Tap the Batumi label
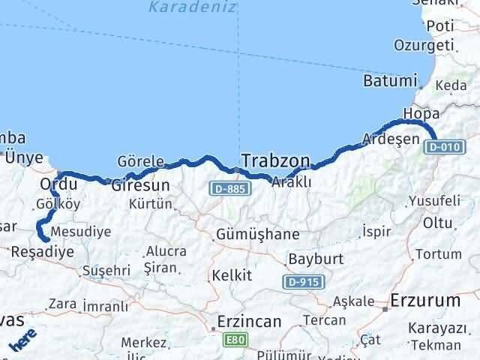coord(388,80)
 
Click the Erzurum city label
coord(424,301)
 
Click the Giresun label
coord(140,184)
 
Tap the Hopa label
coord(418,113)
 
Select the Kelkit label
coord(232,275)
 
